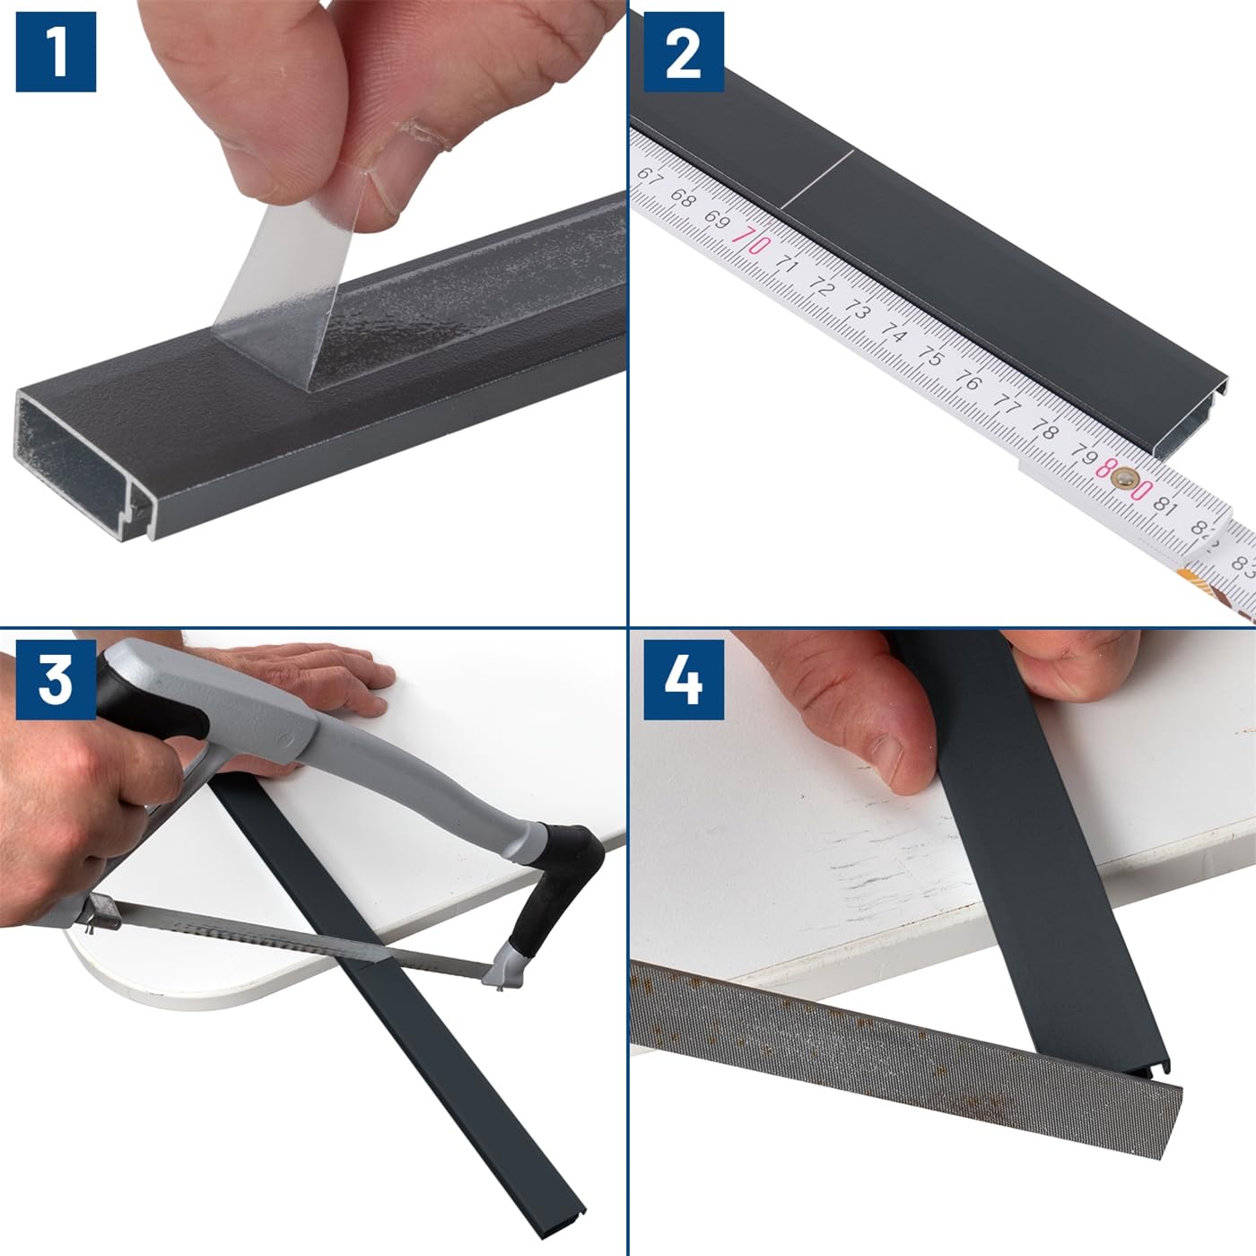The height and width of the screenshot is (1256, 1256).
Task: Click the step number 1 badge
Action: click(x=56, y=51)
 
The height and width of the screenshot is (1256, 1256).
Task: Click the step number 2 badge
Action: click(x=684, y=51)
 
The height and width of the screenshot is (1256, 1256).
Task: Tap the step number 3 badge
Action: click(x=56, y=680)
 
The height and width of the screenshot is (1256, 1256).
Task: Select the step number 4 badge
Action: click(x=684, y=680)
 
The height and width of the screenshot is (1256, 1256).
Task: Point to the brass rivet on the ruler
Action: click(x=1123, y=479)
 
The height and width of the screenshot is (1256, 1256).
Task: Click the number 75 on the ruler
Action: click(x=930, y=356)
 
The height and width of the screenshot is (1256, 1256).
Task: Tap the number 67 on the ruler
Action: click(x=647, y=176)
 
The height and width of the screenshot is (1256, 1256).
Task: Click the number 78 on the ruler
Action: click(x=1045, y=431)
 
